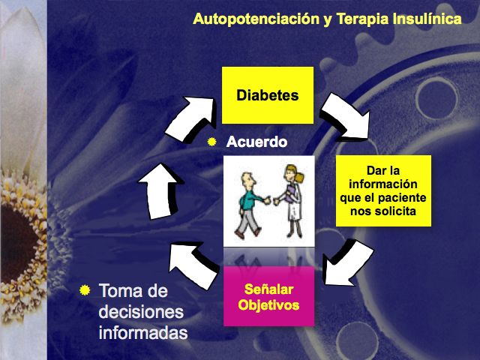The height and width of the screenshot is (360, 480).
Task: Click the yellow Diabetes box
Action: [x=268, y=95]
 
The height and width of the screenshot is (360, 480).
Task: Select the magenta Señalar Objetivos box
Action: [x=268, y=296]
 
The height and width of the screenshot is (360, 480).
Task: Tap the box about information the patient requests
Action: [x=382, y=190]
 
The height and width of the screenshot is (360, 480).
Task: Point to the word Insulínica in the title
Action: [x=427, y=19]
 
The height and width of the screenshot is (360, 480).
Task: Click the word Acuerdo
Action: [x=257, y=141]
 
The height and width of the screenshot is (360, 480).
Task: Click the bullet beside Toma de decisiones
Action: [x=85, y=289]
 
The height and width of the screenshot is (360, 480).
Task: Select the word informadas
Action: [x=143, y=331]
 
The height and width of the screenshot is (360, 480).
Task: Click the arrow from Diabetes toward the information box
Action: [x=344, y=119]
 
